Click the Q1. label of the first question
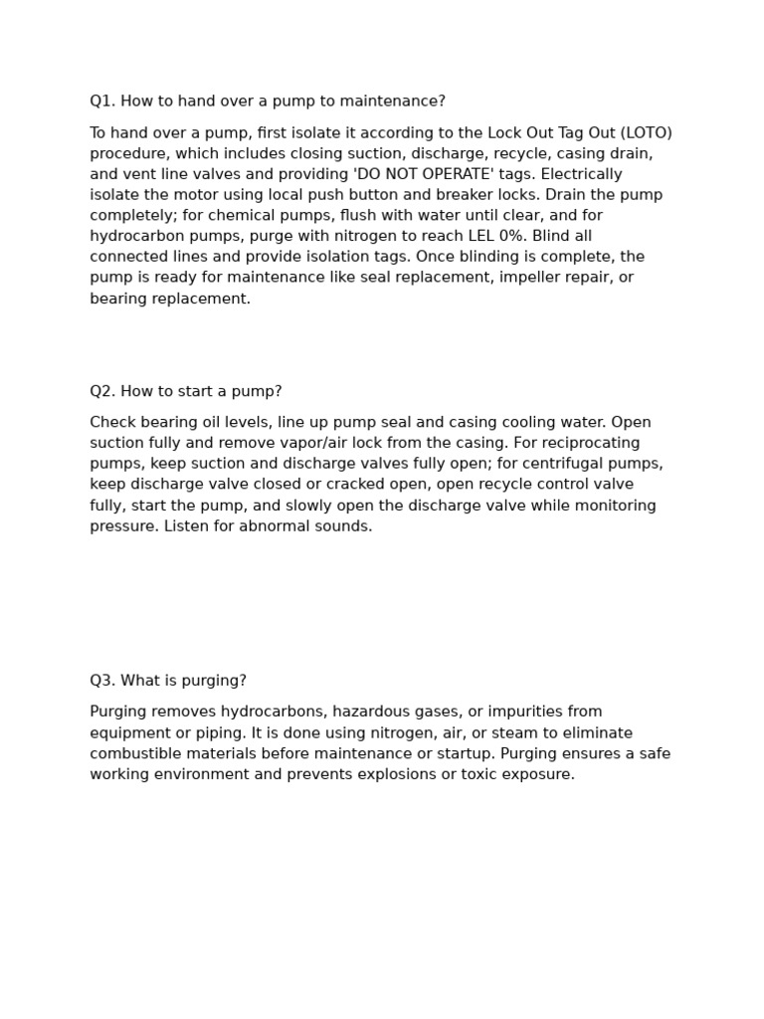102,102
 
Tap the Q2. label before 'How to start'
102,391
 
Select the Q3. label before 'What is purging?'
102,681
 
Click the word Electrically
582,174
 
